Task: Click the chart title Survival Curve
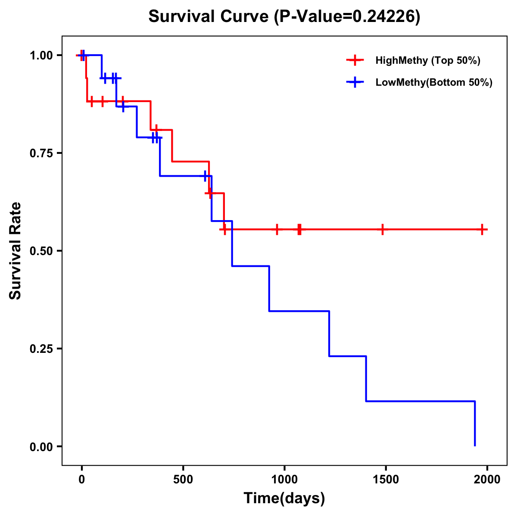284,16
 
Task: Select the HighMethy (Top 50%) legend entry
428,60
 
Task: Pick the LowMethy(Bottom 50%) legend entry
434,82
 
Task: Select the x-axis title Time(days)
284,498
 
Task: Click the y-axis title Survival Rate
16,251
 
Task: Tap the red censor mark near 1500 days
382,229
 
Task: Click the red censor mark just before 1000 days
277,229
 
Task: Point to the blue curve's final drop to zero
475,424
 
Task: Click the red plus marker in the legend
355,60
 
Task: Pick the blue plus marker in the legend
355,82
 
